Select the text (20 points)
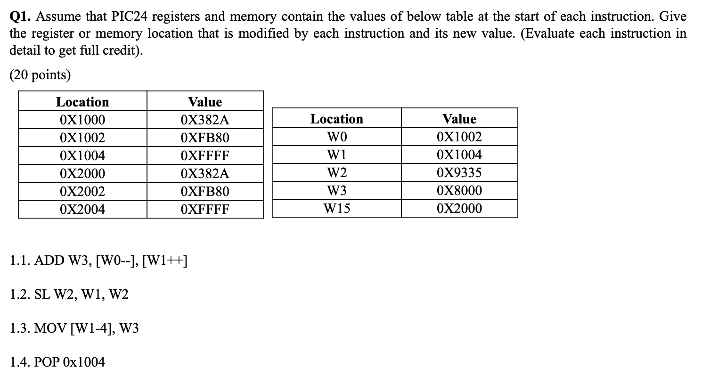(40, 75)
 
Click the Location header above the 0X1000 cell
(82, 102)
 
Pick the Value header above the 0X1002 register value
(459, 119)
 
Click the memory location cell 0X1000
(82, 120)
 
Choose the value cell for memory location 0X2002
(204, 192)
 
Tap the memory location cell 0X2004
(82, 209)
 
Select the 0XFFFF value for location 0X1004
(204, 156)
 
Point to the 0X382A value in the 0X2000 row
(204, 174)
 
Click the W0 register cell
(336, 137)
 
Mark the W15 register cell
(336, 208)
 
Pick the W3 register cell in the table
(336, 190)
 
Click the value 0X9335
(459, 172)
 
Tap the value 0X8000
(459, 190)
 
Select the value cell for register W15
(459, 208)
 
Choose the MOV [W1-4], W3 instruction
(87, 328)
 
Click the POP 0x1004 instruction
(71, 362)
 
